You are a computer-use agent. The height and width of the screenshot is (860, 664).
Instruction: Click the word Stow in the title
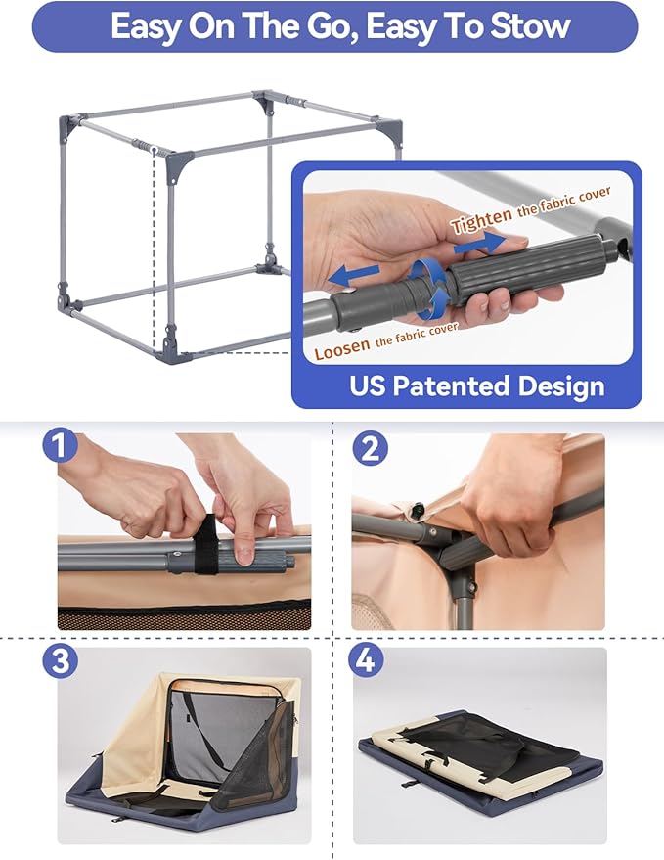[x=527, y=26]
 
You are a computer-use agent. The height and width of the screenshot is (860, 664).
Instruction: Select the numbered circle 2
[x=370, y=449]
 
